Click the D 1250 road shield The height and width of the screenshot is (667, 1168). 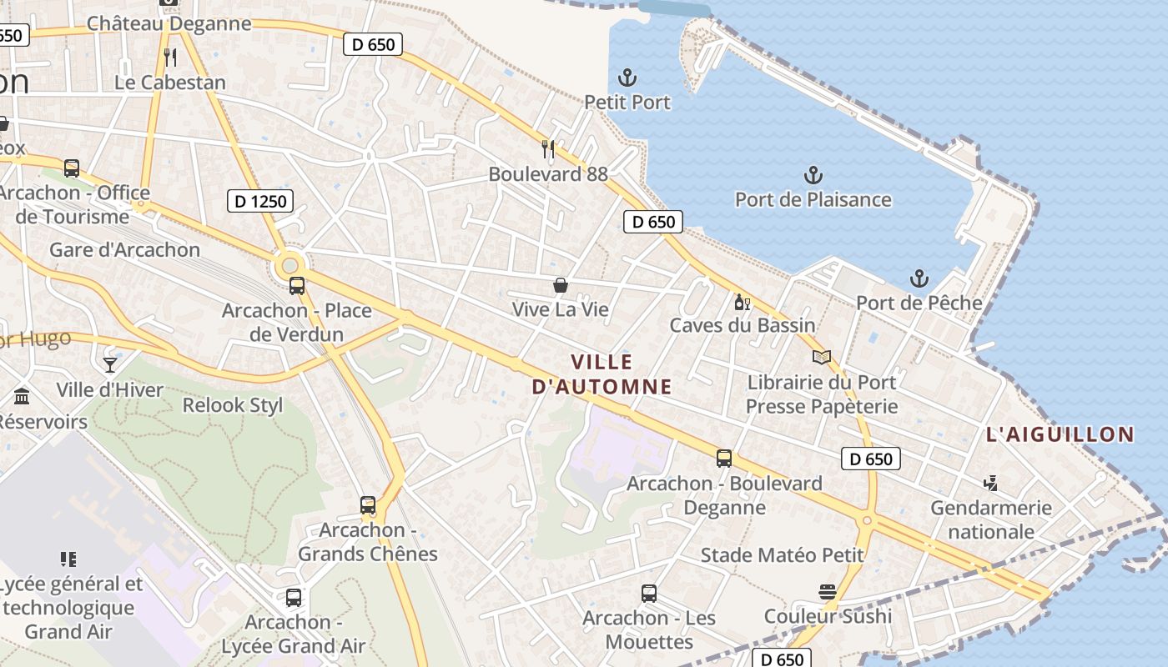[x=259, y=201]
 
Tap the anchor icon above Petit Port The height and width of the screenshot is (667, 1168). [x=627, y=78]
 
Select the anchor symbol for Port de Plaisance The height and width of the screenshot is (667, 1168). [x=813, y=175]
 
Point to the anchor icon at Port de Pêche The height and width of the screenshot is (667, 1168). [x=919, y=278]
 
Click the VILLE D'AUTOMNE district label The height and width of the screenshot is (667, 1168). [x=602, y=374]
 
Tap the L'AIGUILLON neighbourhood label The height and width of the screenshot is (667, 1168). [x=1060, y=434]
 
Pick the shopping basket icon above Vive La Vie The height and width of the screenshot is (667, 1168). [x=561, y=285]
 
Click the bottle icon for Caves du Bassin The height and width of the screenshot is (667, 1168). [x=742, y=302]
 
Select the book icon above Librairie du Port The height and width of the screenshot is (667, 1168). [x=822, y=358]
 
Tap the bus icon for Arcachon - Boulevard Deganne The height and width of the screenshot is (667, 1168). [x=724, y=459]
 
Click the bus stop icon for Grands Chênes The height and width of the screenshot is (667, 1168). [x=368, y=505]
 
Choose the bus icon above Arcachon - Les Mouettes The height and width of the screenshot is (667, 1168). [x=649, y=594]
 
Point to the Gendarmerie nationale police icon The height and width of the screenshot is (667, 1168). [x=990, y=484]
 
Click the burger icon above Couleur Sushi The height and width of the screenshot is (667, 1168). [x=828, y=592]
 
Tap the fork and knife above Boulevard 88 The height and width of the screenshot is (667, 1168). [x=548, y=149]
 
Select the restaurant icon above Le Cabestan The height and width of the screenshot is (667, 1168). [x=170, y=57]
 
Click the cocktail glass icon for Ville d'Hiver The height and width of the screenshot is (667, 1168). [x=109, y=364]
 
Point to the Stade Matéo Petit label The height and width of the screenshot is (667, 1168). [x=782, y=555]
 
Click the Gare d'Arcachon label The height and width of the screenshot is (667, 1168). [x=125, y=250]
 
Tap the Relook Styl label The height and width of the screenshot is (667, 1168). [x=233, y=406]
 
